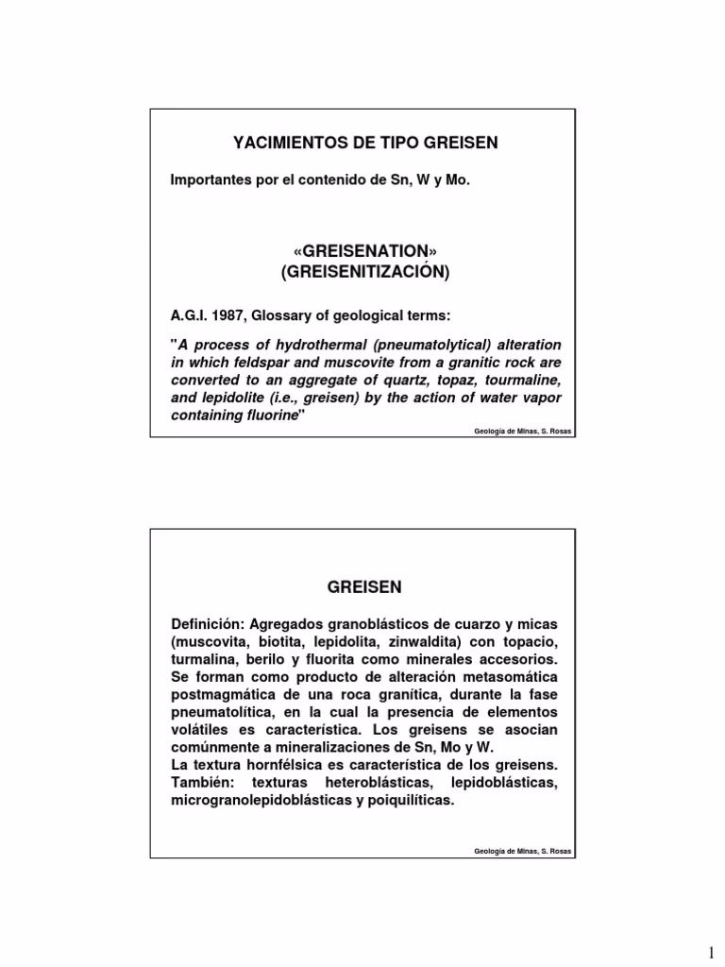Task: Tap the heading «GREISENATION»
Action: coord(364,251)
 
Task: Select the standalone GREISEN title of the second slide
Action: coord(364,586)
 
